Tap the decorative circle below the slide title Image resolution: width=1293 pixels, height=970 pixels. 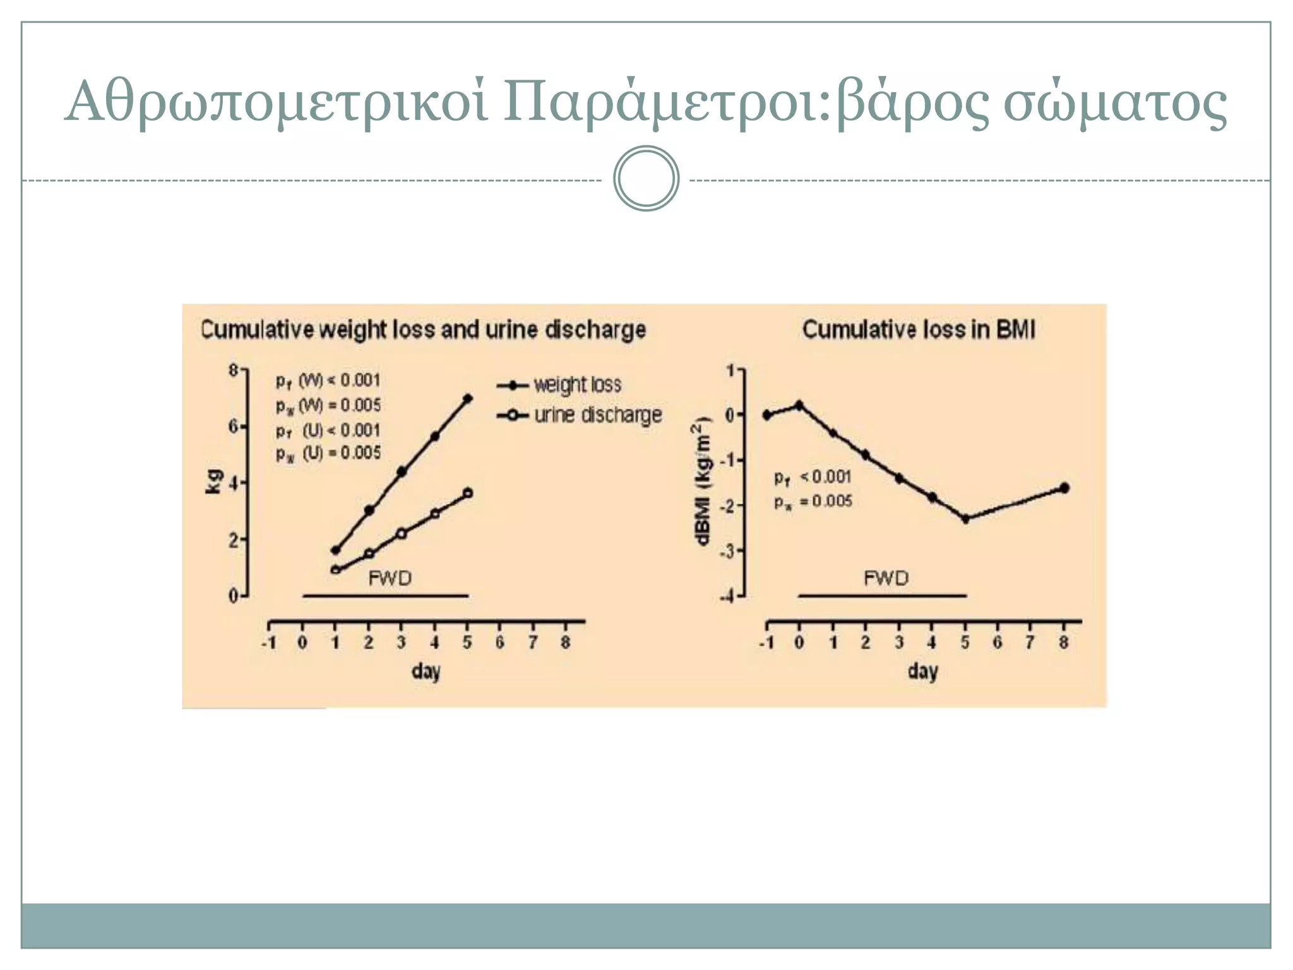[646, 179]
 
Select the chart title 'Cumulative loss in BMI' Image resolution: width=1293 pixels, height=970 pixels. [919, 330]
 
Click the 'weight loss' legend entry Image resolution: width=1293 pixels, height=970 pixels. [577, 385]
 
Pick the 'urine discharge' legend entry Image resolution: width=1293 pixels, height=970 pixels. [597, 415]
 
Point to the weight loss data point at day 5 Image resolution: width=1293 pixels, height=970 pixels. [467, 398]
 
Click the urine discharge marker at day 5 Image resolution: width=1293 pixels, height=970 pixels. [467, 493]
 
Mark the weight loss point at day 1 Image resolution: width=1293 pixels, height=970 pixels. [336, 550]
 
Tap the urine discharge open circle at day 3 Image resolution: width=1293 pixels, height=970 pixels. [402, 534]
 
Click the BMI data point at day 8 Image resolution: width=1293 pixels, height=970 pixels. [1064, 488]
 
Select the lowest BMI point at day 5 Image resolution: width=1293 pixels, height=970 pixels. [965, 519]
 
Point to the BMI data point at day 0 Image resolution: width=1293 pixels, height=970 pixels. [799, 405]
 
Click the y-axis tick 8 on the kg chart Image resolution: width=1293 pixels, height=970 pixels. [234, 370]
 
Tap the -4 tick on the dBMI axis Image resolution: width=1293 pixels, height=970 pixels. [729, 597]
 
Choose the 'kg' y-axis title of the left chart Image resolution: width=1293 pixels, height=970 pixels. [214, 482]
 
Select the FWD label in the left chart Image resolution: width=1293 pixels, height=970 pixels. [390, 578]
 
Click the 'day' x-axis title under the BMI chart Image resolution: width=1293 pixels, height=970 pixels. [922, 671]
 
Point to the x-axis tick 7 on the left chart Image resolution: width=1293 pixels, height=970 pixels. [533, 643]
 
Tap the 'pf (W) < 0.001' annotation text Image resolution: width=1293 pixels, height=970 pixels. [328, 380]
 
